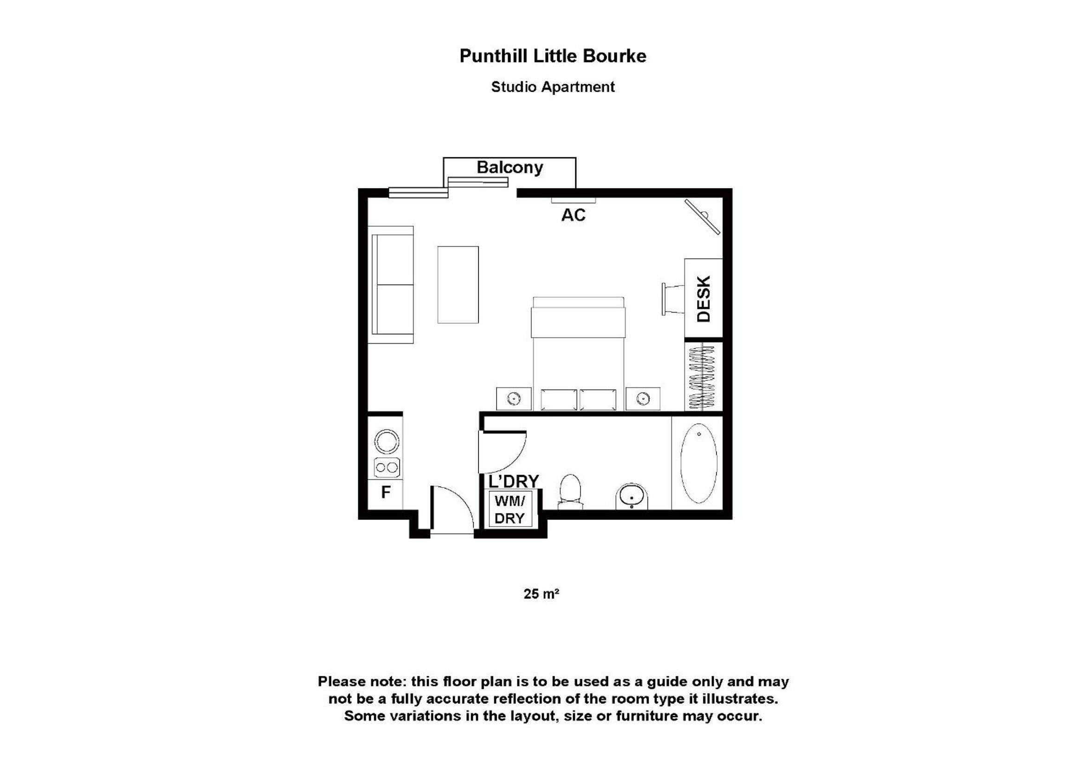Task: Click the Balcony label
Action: pos(510,168)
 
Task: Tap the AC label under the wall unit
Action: pos(573,215)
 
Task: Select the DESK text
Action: pos(704,299)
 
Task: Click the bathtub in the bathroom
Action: pos(698,463)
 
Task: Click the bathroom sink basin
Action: pos(631,496)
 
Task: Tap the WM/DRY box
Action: pos(510,509)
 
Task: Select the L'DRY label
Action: pos(513,482)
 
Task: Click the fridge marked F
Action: pos(386,492)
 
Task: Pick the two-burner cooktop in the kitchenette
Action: pos(387,468)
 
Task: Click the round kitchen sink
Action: pos(387,442)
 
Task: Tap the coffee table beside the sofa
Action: pos(458,285)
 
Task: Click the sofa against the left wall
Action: pos(391,285)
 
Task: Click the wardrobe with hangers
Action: pos(704,377)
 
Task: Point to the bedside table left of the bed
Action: pos(514,399)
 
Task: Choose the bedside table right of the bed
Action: pos(643,399)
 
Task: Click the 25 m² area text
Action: pos(541,593)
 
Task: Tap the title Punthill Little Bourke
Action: pos(552,56)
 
